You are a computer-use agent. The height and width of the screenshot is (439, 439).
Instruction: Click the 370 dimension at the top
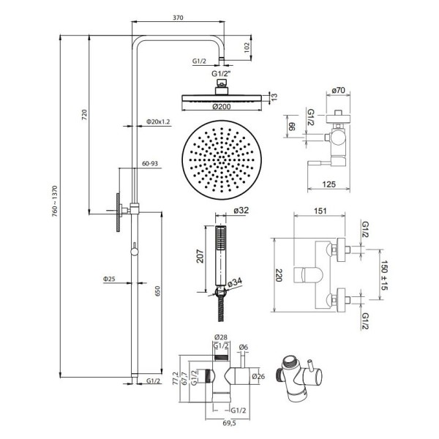pyautogui.click(x=178, y=18)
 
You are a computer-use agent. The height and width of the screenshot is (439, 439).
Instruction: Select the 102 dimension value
pyautogui.click(x=247, y=48)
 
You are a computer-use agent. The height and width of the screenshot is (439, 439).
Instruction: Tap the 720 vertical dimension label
pyautogui.click(x=85, y=115)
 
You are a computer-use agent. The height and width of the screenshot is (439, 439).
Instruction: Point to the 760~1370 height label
pyautogui.click(x=55, y=201)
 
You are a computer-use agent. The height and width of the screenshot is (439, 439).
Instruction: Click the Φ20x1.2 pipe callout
pyautogui.click(x=158, y=121)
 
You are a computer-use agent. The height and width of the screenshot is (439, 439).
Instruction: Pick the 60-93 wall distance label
pyautogui.click(x=150, y=163)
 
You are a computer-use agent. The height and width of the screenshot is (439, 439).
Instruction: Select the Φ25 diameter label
pyautogui.click(x=109, y=279)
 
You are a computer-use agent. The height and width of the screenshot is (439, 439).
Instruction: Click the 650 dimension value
pyautogui.click(x=157, y=291)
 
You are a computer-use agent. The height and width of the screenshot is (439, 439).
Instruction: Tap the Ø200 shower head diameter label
pyautogui.click(x=221, y=106)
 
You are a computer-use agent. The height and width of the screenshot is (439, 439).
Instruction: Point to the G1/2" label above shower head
pyautogui.click(x=221, y=74)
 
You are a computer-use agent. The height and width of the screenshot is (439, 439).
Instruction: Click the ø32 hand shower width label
pyautogui.click(x=241, y=210)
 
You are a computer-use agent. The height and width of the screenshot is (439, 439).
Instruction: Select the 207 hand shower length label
pyautogui.click(x=200, y=256)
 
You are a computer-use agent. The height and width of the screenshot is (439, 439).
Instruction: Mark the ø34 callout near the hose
pyautogui.click(x=235, y=282)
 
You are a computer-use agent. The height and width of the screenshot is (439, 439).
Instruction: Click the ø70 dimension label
pyautogui.click(x=338, y=90)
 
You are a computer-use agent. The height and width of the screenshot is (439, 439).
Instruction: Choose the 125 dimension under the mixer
pyautogui.click(x=329, y=184)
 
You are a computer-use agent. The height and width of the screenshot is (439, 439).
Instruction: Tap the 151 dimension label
pyautogui.click(x=320, y=211)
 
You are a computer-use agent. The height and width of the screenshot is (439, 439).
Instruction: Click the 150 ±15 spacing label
pyautogui.click(x=384, y=275)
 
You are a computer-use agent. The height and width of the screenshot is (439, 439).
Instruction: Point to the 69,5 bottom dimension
pyautogui.click(x=229, y=423)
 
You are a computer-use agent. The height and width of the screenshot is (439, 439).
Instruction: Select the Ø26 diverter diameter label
pyautogui.click(x=258, y=376)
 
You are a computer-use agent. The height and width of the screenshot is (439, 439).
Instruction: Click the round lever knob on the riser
pyautogui.click(x=135, y=252)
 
